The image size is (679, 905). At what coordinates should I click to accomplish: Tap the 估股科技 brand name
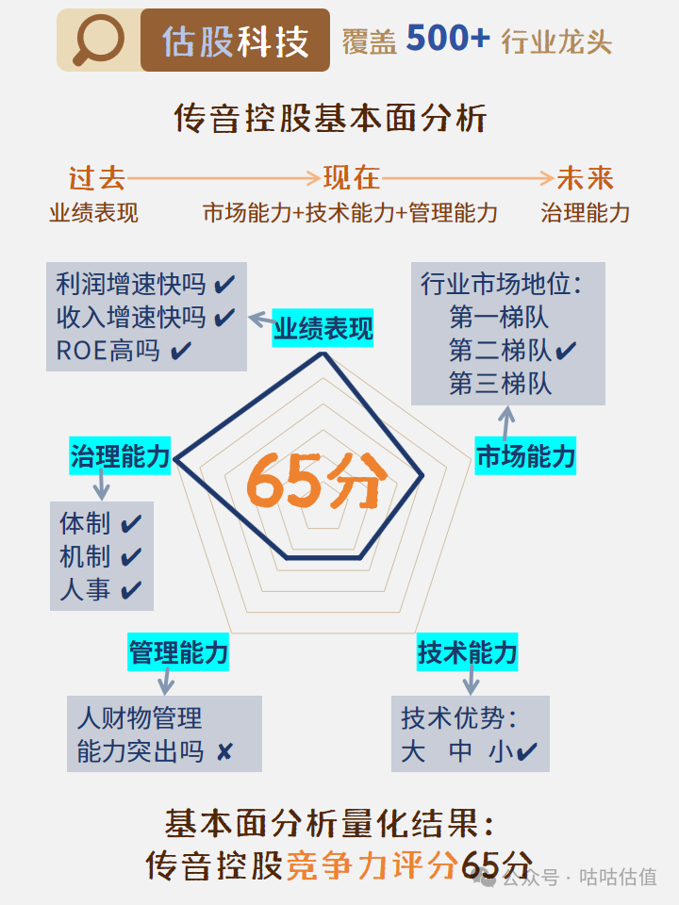[236, 41]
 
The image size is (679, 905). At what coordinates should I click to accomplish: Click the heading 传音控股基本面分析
[330, 119]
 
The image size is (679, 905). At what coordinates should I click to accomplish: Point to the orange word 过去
[97, 178]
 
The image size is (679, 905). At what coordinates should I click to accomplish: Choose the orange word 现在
[352, 178]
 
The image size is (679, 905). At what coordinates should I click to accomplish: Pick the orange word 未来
[585, 178]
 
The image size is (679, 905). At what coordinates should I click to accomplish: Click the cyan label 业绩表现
[323, 329]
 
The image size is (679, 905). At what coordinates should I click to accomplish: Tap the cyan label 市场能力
[525, 457]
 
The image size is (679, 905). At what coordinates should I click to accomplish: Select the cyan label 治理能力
[120, 457]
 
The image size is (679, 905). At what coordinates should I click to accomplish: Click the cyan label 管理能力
[178, 652]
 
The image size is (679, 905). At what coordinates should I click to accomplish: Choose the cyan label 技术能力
[468, 652]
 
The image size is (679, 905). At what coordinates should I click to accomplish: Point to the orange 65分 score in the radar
[317, 482]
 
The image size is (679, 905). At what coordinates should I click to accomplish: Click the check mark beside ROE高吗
[182, 352]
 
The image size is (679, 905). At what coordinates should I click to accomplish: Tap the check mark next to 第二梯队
[566, 352]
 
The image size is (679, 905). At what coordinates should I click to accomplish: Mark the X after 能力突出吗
[224, 752]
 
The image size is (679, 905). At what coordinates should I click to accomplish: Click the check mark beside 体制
[131, 523]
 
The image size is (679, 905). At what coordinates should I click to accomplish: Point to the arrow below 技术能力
[469, 681]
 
